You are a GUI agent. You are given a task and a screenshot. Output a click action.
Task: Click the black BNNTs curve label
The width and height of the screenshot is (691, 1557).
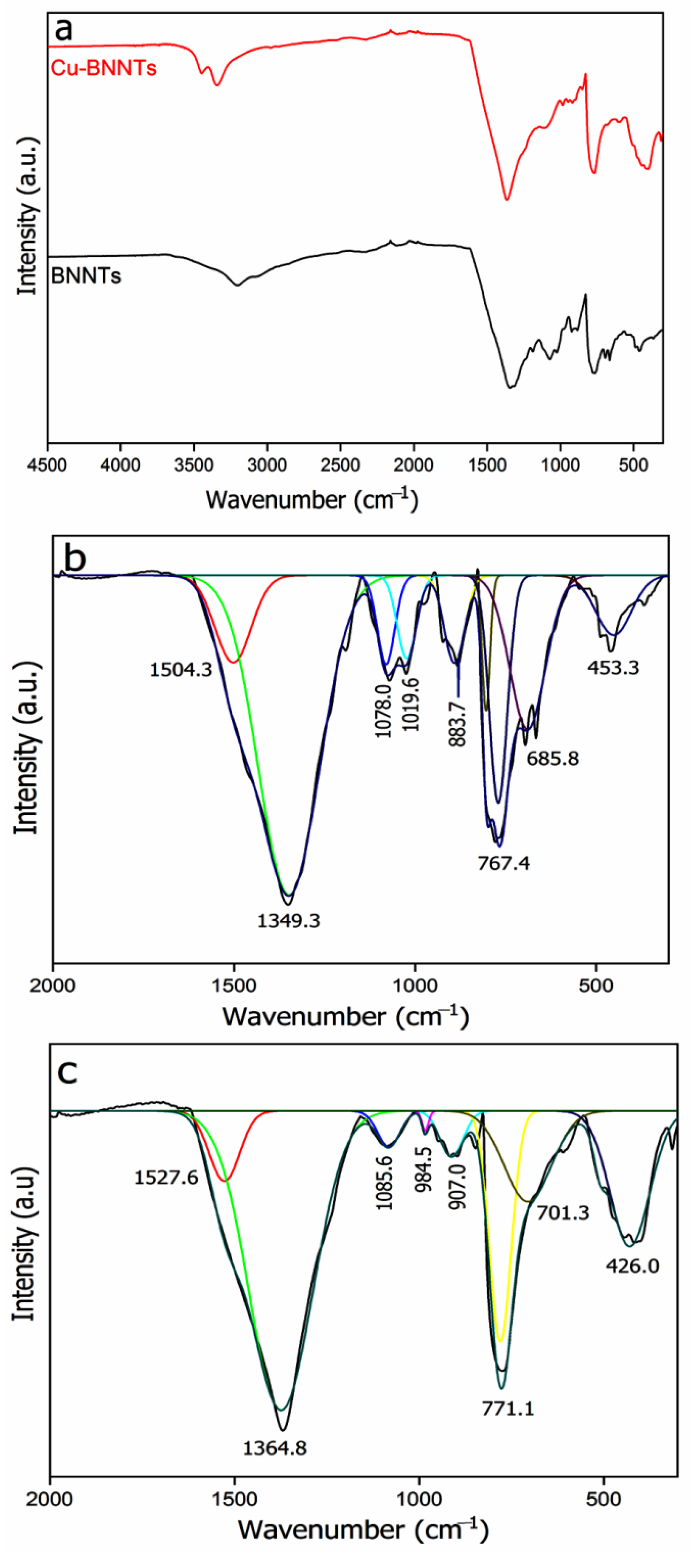pyautogui.click(x=86, y=276)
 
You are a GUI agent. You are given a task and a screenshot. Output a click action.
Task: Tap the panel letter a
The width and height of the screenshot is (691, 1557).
pyautogui.click(x=64, y=30)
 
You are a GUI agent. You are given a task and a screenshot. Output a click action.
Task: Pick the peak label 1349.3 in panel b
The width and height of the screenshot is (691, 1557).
pyautogui.click(x=289, y=921)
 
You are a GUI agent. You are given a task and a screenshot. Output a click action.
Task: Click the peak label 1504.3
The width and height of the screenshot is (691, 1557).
pyautogui.click(x=181, y=670)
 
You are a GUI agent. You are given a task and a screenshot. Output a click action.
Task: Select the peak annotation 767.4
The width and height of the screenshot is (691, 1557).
pyautogui.click(x=504, y=863)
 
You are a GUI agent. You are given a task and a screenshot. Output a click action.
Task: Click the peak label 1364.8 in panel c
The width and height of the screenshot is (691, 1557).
pyautogui.click(x=275, y=1448)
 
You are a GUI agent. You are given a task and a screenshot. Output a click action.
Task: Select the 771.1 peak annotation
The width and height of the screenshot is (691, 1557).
pyautogui.click(x=508, y=1409)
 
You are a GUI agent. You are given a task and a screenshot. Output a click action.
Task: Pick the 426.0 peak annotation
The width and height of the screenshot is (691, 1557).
pyautogui.click(x=632, y=1265)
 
